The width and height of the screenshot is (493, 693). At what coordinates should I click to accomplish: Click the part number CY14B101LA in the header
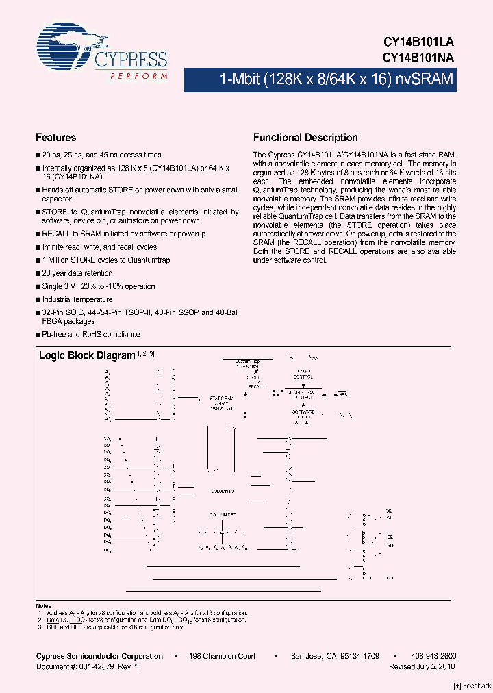418,43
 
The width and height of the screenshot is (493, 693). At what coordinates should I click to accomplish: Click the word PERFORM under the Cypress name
134,77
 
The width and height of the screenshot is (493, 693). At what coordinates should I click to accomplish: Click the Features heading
56,138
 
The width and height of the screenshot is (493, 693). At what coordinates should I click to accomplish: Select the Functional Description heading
305,138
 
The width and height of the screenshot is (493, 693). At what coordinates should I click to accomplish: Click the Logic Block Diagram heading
86,355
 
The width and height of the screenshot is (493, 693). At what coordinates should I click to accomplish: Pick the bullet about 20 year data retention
79,273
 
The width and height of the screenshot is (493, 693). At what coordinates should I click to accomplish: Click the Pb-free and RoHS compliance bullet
91,334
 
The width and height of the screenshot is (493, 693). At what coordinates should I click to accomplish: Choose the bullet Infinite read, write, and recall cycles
99,247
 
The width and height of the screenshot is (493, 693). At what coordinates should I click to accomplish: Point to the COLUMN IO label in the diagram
222,491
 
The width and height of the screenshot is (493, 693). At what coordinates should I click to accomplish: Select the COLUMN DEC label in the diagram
223,514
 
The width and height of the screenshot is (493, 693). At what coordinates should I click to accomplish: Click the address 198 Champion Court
223,656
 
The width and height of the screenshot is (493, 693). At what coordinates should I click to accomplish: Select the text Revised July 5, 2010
422,666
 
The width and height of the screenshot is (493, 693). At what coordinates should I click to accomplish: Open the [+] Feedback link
472,686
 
